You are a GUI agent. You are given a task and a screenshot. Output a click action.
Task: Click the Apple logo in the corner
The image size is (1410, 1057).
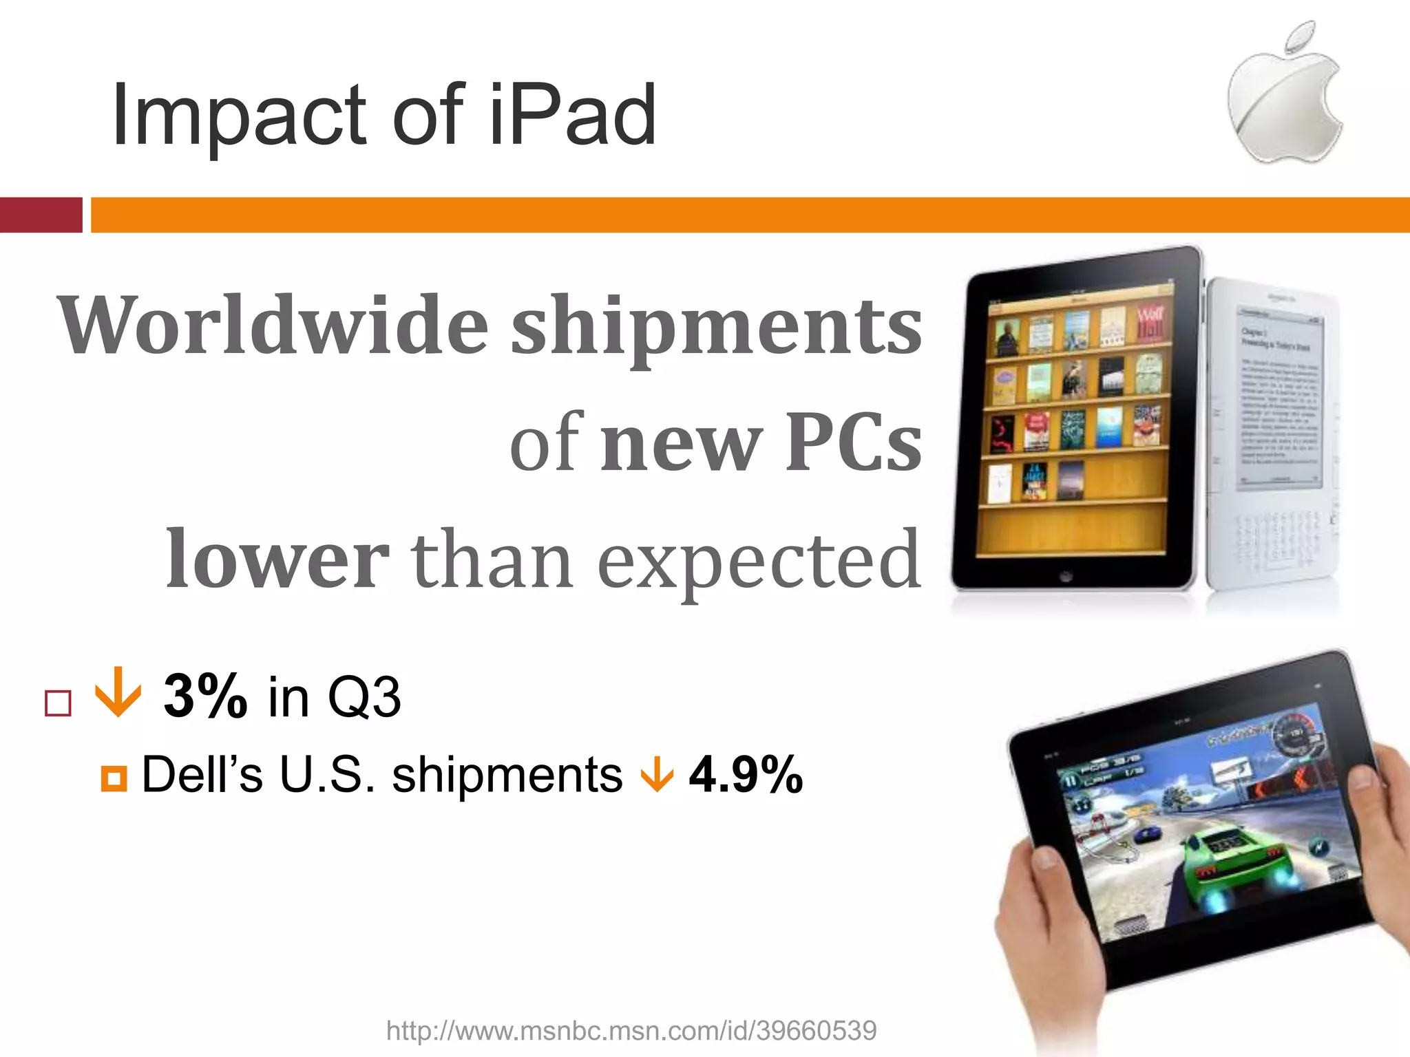(1285, 96)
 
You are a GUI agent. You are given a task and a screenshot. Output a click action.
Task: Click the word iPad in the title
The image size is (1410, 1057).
(572, 115)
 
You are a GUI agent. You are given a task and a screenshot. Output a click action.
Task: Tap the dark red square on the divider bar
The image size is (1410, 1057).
(41, 215)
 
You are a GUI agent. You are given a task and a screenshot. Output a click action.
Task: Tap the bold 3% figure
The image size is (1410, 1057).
(205, 696)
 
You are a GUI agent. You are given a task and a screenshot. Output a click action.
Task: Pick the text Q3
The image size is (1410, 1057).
(364, 696)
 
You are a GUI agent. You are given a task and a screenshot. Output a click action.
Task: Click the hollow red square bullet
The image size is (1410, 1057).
(58, 703)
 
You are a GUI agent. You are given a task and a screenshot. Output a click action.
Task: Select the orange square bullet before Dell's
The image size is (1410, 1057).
(114, 778)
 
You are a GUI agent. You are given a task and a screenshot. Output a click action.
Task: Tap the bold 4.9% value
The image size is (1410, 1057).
(746, 775)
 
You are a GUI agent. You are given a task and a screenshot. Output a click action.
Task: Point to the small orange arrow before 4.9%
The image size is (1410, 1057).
(657, 775)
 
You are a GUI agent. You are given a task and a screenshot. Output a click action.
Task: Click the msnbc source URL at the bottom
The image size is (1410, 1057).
(631, 1030)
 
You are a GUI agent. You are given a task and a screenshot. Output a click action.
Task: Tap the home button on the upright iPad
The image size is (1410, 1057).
(1065, 576)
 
